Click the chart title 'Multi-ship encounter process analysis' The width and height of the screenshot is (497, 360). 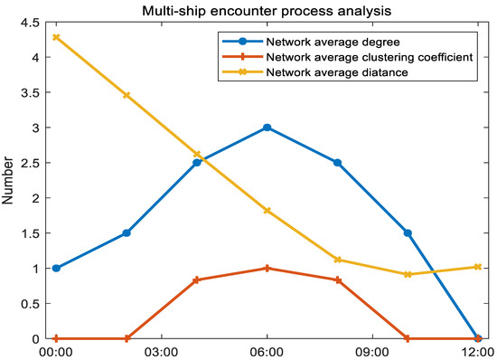[267, 10]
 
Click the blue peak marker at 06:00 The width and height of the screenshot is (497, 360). [267, 128]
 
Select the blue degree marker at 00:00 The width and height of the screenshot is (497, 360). [57, 269]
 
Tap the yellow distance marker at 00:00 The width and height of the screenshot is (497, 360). [57, 37]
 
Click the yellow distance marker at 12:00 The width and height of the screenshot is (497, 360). [478, 267]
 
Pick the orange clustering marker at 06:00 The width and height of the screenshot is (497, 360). [267, 269]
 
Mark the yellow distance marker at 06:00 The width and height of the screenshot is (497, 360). [267, 211]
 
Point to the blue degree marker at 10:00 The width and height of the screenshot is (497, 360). [408, 233]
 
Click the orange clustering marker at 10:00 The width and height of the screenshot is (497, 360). [408, 339]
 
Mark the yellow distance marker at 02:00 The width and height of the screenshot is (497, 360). [127, 95]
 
